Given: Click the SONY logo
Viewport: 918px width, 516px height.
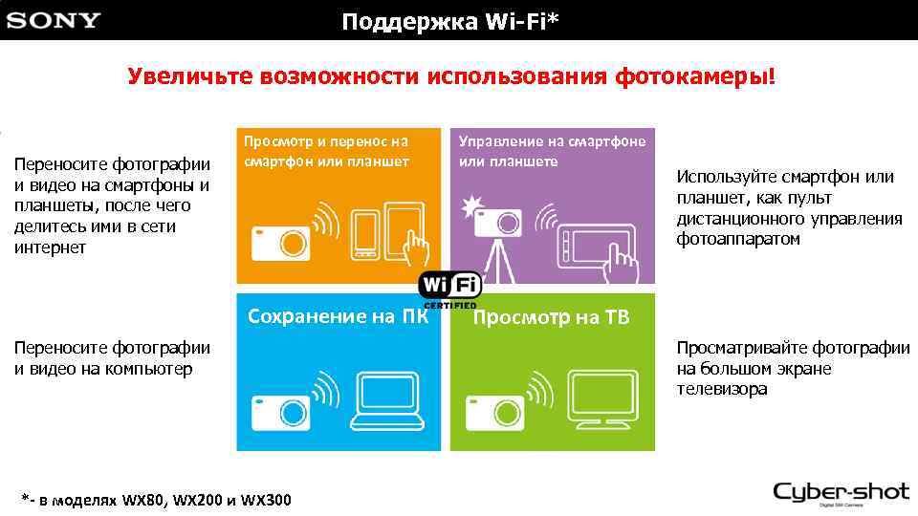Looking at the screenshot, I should point(54,21).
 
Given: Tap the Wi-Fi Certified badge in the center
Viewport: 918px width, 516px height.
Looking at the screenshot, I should point(449,288).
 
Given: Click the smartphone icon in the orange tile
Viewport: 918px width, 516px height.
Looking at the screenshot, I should point(365,233).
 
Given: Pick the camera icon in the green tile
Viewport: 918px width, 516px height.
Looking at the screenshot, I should point(494,408).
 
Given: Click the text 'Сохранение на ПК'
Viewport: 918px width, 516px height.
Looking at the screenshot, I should point(337,317).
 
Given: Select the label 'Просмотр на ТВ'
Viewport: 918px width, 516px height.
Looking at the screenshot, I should point(551,318).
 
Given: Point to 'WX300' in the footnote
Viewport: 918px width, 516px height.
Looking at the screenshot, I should point(267,500).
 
